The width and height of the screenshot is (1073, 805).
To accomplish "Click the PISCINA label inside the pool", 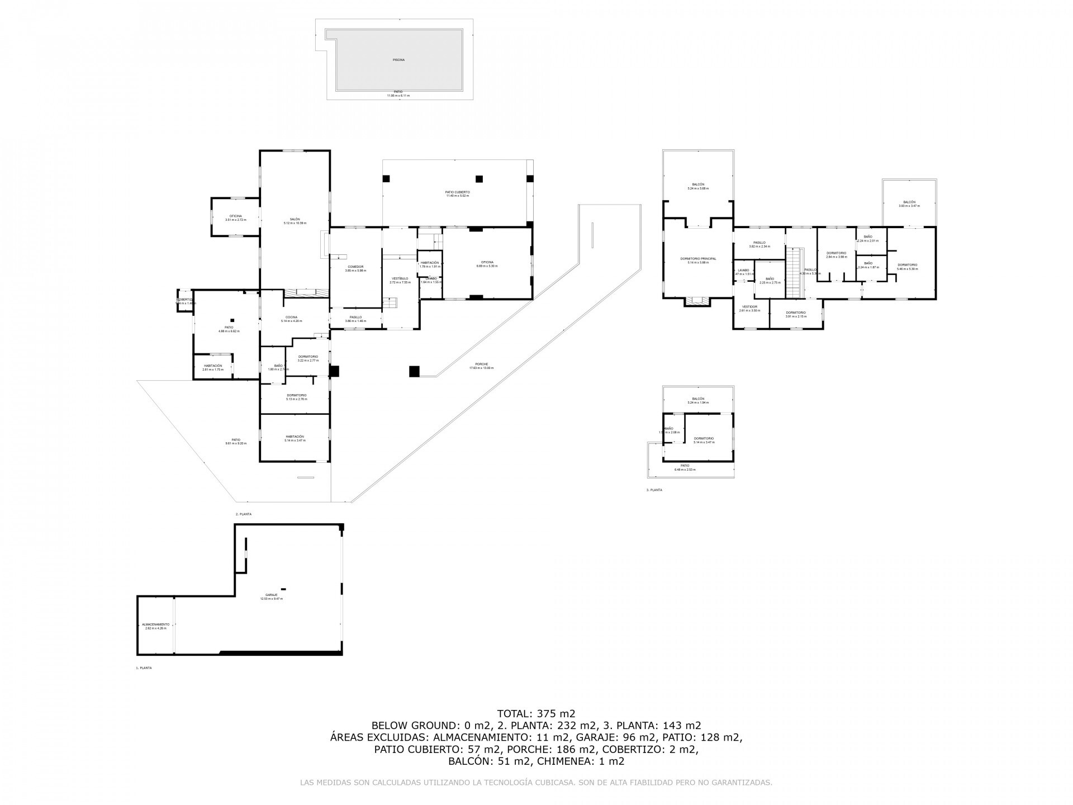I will (398, 59).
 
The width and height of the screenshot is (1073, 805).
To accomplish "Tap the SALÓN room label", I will (295, 219).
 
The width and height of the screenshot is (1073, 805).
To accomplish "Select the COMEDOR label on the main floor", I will (355, 267).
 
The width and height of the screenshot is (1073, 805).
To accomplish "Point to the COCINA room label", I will (292, 317).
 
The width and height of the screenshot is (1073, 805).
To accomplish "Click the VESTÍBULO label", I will (400, 278).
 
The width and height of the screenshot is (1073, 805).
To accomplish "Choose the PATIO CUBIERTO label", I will (457, 192).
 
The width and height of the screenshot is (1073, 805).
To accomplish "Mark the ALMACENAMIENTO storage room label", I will (155, 624).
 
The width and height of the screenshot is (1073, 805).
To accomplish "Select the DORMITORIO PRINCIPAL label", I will (698, 259).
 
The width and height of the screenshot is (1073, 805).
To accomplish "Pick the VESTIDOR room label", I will (749, 306).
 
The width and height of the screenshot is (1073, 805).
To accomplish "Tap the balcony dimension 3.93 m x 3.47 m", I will (909, 206).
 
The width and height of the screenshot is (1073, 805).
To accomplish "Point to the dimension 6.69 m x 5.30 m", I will (487, 266).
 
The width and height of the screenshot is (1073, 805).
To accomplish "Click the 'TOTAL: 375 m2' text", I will (536, 713).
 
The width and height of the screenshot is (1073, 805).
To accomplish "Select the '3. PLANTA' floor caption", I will (654, 490).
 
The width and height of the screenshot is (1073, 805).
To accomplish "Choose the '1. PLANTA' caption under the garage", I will (144, 667).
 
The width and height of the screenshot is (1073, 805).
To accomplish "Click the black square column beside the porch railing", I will (414, 371).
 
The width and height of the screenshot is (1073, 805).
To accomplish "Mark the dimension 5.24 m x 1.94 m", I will (698, 403).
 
